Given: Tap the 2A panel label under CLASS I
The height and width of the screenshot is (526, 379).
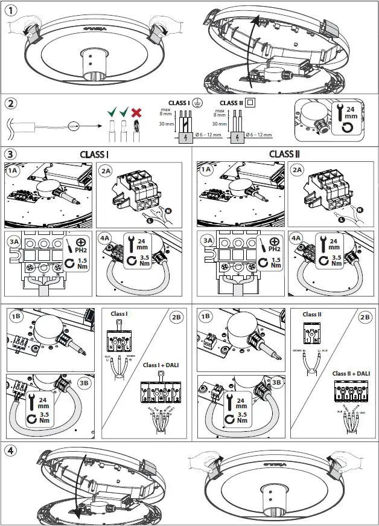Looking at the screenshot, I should point(106,170).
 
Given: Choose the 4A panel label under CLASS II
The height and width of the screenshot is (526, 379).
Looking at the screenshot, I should point(297,238).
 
